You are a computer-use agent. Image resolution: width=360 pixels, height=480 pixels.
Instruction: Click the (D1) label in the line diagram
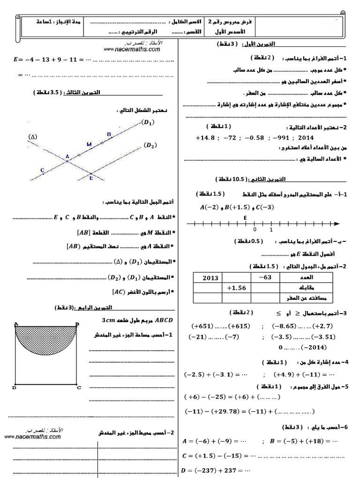point(148,123)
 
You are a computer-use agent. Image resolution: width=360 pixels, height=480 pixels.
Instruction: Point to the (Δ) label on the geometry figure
point(33,137)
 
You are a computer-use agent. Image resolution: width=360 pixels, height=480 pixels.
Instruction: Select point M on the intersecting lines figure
point(89,144)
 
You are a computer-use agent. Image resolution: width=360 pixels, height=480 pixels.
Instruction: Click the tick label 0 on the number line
point(255,230)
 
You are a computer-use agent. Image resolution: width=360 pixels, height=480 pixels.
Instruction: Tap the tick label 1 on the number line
point(271,230)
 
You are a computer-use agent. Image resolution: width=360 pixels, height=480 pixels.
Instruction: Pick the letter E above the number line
point(245,217)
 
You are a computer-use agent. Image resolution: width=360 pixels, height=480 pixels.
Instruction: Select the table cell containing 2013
point(210,277)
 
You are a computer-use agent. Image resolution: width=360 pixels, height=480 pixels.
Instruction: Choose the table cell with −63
point(265,277)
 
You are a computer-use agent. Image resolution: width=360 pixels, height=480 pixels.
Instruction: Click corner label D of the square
point(15,388)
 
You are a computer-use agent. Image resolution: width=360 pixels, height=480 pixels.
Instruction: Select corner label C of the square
point(79,388)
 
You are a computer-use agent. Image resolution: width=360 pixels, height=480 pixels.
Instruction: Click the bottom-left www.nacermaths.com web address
point(33,436)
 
